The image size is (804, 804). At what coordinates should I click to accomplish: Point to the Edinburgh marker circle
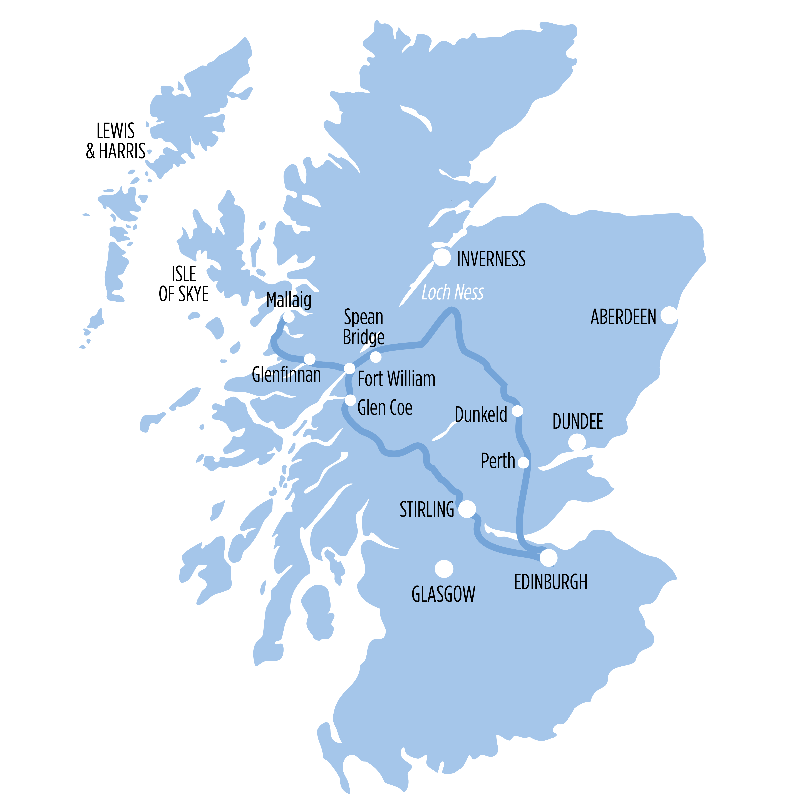click(549, 558)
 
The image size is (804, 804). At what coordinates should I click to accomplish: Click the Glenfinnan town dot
click(310, 359)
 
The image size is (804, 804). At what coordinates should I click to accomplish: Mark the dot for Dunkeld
click(517, 411)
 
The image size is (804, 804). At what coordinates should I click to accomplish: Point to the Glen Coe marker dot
click(350, 400)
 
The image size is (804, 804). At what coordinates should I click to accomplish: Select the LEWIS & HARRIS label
click(116, 141)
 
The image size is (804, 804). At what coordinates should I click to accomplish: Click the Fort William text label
click(397, 379)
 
